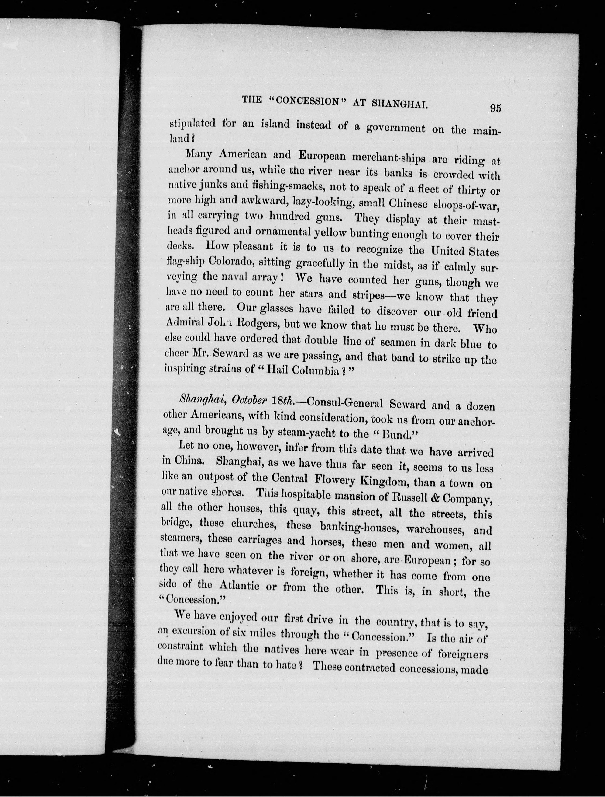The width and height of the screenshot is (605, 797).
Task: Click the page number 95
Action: tap(495, 108)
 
